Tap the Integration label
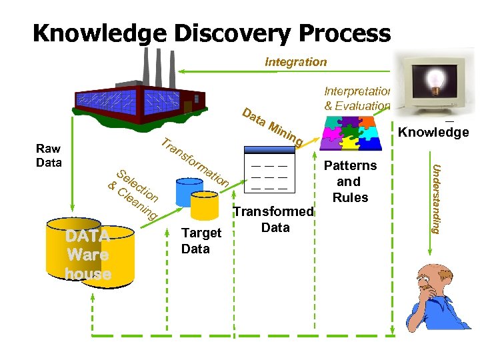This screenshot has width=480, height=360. (295, 62)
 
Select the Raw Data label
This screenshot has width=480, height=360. (49, 156)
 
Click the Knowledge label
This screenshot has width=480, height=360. (433, 133)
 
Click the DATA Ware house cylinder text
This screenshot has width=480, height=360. (88, 254)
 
